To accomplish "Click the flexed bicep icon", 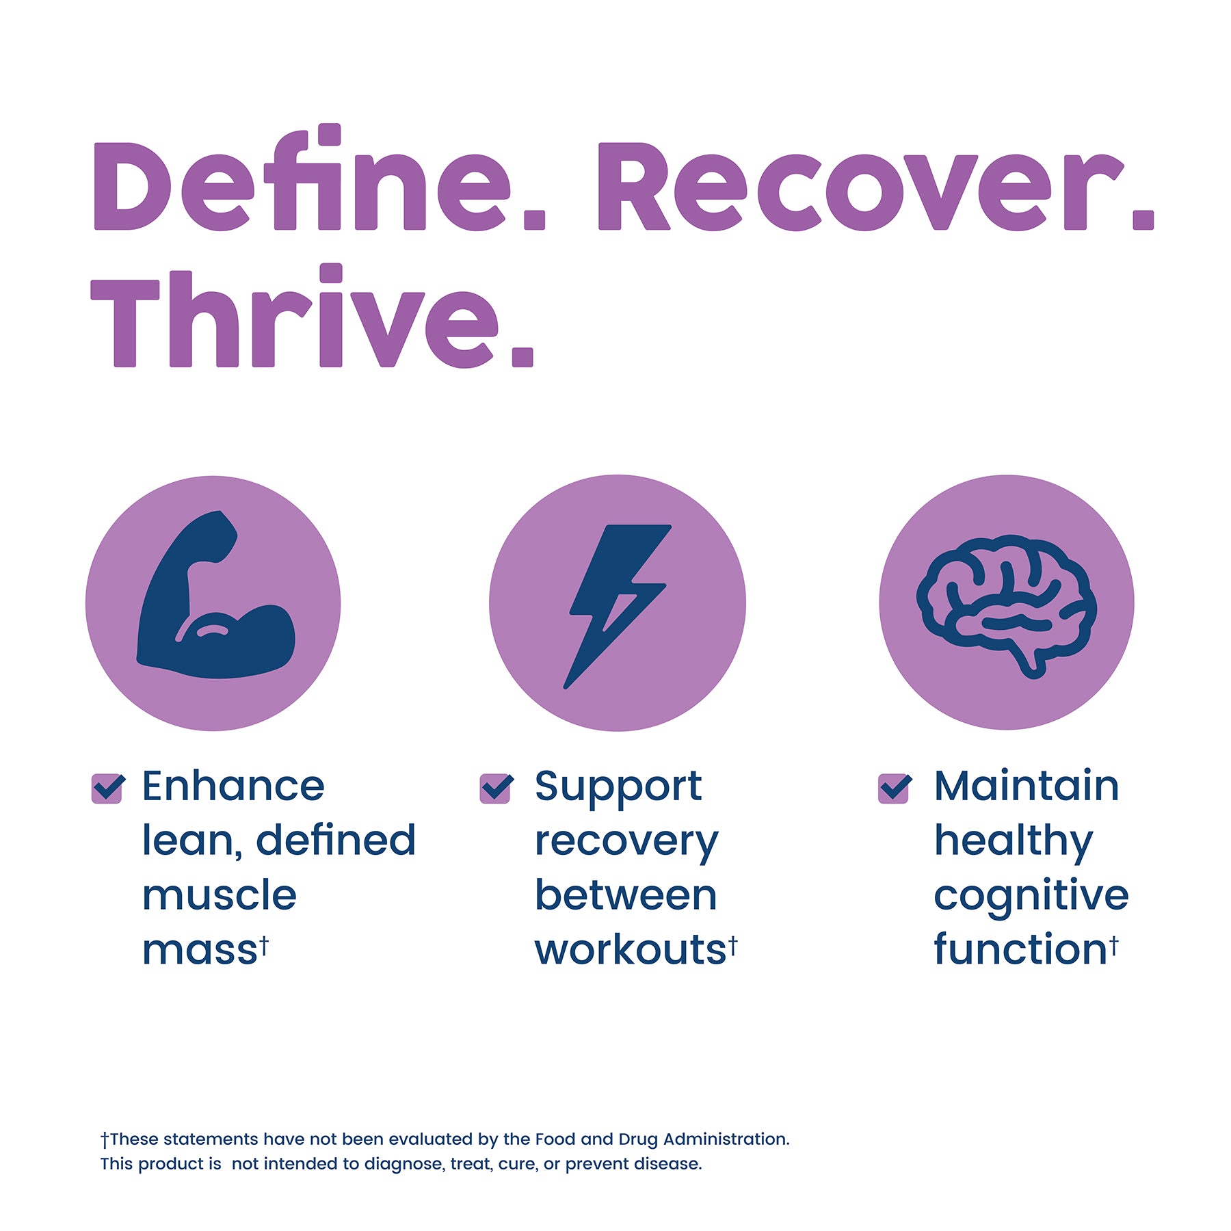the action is (216, 594).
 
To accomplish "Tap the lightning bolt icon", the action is (618, 606).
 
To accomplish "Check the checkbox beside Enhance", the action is (107, 789).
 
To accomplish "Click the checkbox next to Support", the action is (496, 789).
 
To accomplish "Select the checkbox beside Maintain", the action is (894, 789).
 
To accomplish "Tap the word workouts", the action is (630, 950).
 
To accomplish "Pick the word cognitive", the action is (1031, 897).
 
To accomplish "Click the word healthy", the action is (1014, 842).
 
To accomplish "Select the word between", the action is (626, 895).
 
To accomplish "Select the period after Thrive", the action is (522, 357).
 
